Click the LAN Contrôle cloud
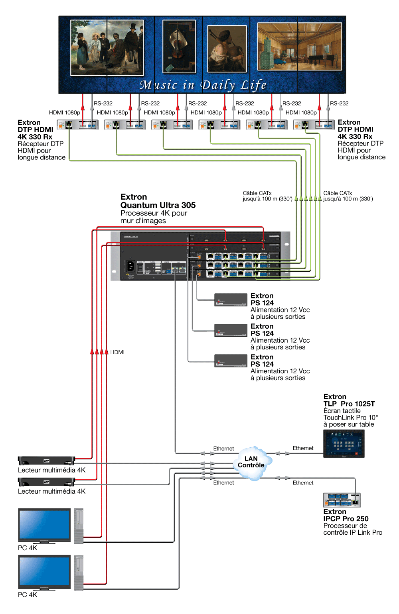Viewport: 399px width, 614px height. [x=251, y=463]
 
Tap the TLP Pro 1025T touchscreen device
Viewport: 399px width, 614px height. [x=344, y=443]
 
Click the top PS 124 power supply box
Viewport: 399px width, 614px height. [x=231, y=300]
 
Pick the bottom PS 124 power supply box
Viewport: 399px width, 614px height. [x=231, y=361]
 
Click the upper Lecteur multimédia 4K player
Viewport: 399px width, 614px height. [x=46, y=461]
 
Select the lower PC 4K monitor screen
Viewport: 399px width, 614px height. [x=44, y=571]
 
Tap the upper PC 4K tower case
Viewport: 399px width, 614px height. [x=79, y=526]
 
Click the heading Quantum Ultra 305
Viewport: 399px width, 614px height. [x=158, y=205]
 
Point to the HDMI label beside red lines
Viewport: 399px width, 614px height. [x=117, y=352]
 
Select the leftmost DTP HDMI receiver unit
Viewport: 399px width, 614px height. [x=78, y=125]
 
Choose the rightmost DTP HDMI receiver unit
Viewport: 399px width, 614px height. [x=314, y=125]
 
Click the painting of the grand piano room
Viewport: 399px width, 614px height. [x=299, y=46]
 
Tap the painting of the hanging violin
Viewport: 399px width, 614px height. [x=179, y=46]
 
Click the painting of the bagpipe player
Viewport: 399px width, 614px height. [x=227, y=49]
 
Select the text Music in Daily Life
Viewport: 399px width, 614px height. [x=203, y=85]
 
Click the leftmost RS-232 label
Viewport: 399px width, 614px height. [x=103, y=103]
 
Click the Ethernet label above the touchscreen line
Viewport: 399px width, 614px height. [x=303, y=448]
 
